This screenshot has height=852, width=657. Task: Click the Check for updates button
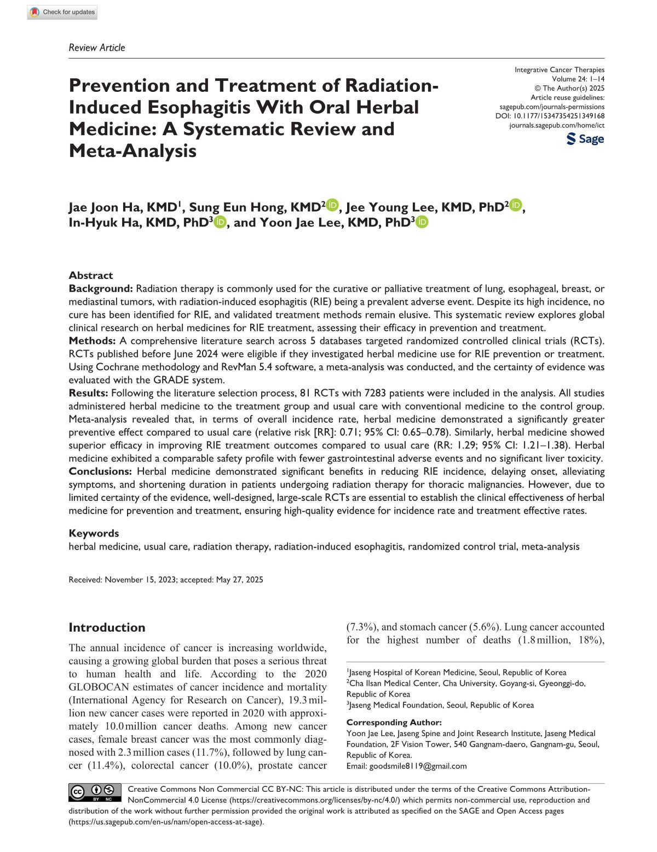[62, 12]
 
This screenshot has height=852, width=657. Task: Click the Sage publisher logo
[585, 139]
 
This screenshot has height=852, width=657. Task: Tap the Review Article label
[97, 48]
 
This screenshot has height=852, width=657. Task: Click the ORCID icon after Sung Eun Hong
[333, 206]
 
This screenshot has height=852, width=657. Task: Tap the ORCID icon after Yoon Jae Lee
[422, 221]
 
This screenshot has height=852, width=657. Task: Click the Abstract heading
[91, 275]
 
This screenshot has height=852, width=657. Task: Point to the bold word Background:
[101, 288]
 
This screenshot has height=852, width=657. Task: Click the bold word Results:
[89, 393]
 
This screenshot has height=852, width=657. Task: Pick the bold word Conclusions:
[100, 471]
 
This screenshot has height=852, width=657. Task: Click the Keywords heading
[94, 533]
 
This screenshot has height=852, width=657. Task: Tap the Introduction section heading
[107, 627]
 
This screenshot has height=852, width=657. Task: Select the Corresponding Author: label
[394, 722]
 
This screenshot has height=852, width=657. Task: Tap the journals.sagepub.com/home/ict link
[557, 125]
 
